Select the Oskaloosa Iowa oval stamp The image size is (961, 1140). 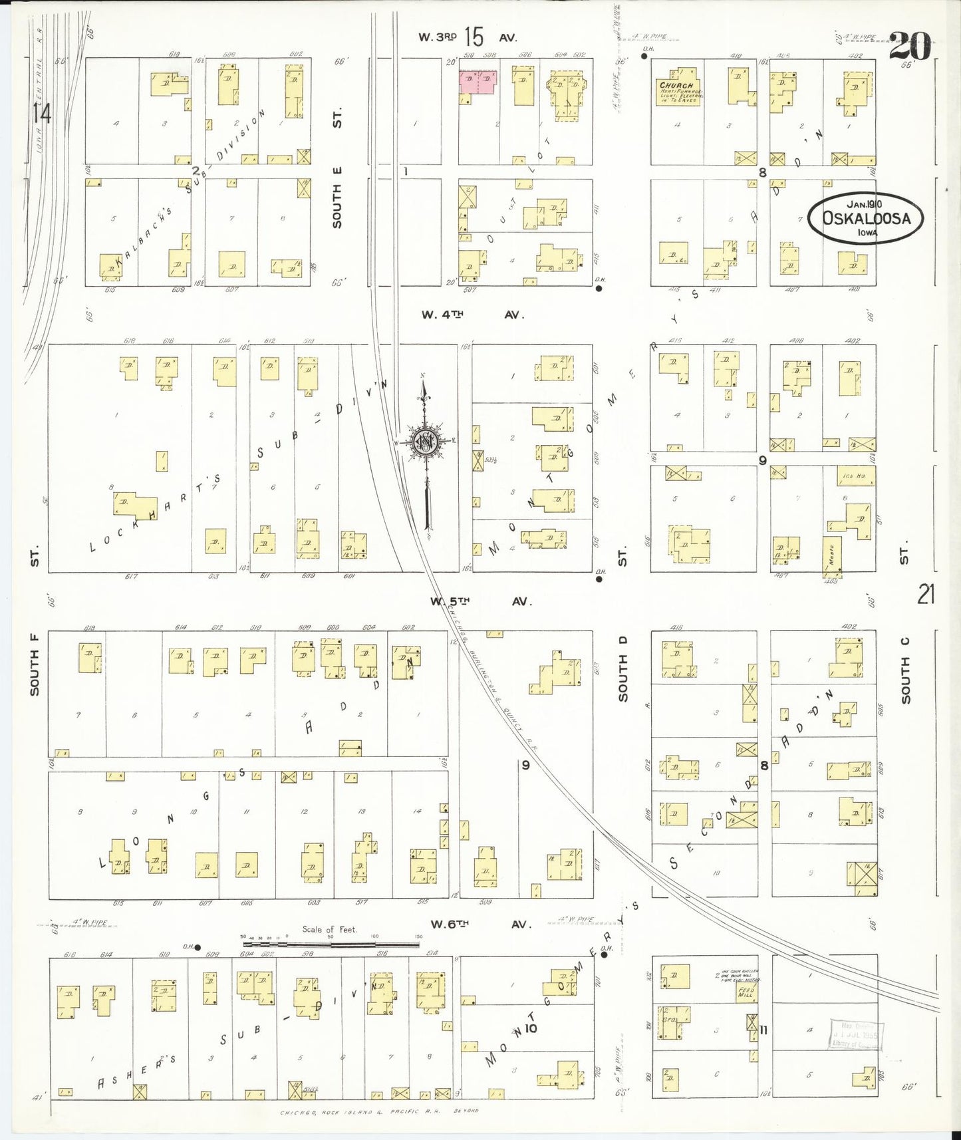(x=865, y=217)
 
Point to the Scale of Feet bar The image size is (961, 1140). (x=331, y=943)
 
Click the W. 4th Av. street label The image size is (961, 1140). (x=473, y=315)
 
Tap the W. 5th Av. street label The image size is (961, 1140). (x=480, y=601)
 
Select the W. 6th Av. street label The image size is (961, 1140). (x=481, y=924)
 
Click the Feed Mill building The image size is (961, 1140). (x=745, y=992)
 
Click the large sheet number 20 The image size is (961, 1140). (x=909, y=47)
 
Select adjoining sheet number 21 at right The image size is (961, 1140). (x=926, y=594)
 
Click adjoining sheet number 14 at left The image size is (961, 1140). (x=41, y=114)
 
